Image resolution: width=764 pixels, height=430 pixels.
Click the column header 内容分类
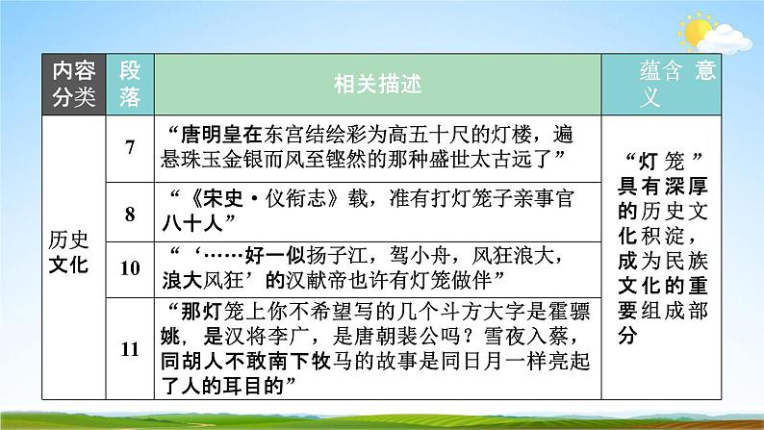[74, 84]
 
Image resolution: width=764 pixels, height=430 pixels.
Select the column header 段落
[131, 84]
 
